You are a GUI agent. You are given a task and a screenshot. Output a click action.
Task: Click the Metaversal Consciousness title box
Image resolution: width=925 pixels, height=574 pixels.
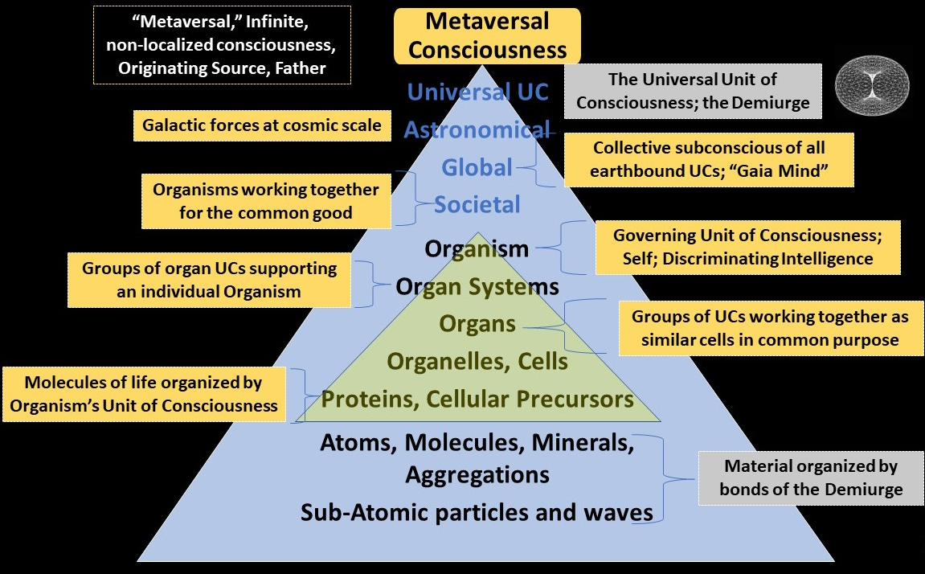(x=486, y=36)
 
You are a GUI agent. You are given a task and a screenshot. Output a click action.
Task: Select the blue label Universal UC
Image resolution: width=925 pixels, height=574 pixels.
(x=477, y=92)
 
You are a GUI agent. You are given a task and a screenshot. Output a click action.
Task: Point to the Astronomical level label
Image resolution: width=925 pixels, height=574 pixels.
(x=476, y=129)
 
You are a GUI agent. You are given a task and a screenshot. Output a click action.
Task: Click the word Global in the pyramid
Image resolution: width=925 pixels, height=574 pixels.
(x=477, y=167)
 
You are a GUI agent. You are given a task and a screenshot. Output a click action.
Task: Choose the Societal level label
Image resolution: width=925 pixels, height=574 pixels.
(x=477, y=205)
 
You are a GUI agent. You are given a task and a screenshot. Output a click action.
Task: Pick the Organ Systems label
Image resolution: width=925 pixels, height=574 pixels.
(x=477, y=285)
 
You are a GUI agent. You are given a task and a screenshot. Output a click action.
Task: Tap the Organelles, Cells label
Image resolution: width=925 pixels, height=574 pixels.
(x=477, y=362)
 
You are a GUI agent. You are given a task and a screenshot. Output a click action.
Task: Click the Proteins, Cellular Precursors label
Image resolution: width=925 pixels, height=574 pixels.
(x=477, y=399)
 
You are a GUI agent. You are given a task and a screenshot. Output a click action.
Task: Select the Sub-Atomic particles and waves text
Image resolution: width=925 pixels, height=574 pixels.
(x=477, y=513)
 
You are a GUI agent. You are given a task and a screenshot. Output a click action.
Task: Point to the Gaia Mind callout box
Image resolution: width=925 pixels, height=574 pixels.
(x=709, y=160)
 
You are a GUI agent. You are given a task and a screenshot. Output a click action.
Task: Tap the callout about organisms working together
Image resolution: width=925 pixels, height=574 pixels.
(x=266, y=202)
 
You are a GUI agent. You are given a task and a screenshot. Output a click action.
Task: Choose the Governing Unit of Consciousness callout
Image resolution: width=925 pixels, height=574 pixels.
(x=747, y=248)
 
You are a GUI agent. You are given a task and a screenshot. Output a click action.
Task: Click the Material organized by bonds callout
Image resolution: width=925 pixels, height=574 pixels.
(x=810, y=478)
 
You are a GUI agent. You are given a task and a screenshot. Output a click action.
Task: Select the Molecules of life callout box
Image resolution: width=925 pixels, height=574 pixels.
(x=145, y=394)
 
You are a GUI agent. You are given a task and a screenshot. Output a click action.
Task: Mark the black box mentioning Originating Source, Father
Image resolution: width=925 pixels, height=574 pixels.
(x=222, y=44)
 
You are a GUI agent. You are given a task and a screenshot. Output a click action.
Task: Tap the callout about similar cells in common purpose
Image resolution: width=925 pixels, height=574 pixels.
(x=769, y=328)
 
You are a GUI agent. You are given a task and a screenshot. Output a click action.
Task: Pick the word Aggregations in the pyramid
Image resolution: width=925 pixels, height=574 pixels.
(x=477, y=474)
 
